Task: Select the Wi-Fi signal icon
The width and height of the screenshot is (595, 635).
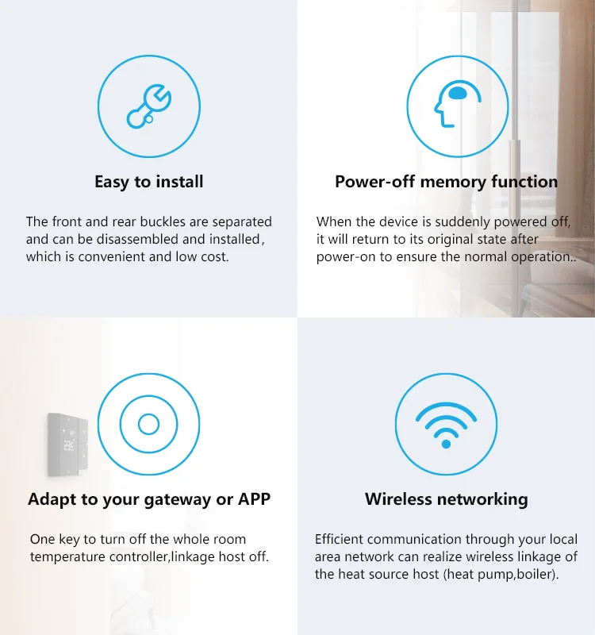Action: (446, 425)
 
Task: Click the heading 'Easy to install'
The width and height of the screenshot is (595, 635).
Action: (148, 182)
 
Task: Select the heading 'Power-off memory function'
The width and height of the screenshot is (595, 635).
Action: (446, 182)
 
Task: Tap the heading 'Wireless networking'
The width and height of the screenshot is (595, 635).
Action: (446, 499)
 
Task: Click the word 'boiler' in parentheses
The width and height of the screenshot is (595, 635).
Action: (535, 574)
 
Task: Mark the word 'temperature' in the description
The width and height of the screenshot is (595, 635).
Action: (65, 556)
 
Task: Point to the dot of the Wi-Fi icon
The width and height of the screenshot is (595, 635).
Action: (446, 443)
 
